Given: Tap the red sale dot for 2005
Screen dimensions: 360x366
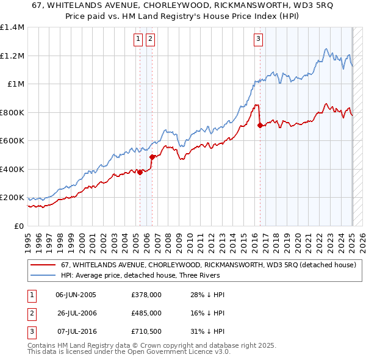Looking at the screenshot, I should tap(140, 172).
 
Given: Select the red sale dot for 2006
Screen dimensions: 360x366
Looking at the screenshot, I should tap(152, 157).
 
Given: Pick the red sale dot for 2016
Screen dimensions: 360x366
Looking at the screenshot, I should tap(260, 125).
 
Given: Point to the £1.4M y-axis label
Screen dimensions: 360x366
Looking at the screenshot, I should tap(12, 27).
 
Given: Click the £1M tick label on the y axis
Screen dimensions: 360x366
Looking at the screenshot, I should tap(16, 84).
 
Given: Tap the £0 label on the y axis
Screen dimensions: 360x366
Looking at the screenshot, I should tap(20, 226).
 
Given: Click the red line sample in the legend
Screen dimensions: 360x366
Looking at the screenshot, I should tap(43, 265).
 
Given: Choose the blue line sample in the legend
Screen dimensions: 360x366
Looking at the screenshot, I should tap(43, 275).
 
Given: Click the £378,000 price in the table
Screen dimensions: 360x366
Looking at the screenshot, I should tap(146, 295).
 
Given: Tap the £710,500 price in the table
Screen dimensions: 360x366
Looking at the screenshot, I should tap(146, 331).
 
